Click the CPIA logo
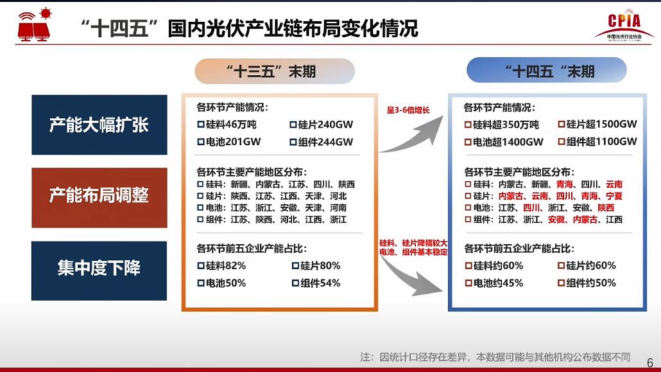(624, 25)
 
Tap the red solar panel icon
(35, 25)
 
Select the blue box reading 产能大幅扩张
(99, 125)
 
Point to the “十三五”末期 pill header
(275, 71)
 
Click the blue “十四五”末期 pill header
(546, 71)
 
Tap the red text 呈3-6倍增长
(408, 111)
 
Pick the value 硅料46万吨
(227, 125)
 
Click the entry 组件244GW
(322, 142)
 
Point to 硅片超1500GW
(597, 124)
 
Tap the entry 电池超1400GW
(504, 142)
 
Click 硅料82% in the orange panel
(222, 265)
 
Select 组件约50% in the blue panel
(587, 283)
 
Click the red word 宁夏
(614, 196)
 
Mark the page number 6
(650, 363)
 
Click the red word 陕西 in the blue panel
(606, 208)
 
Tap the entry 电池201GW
(229, 142)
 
